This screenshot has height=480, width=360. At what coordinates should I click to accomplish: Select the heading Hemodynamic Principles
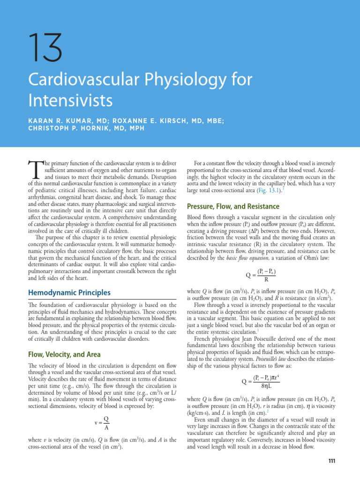pyautogui.click(x=70, y=292)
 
